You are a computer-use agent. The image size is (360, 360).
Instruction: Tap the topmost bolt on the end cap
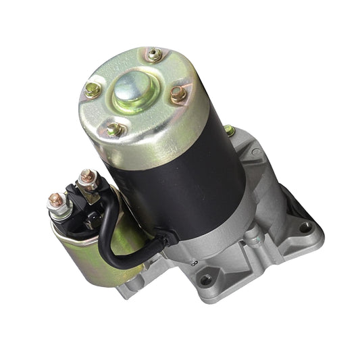point(155,55)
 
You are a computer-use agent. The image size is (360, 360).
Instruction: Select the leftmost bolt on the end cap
point(93,90)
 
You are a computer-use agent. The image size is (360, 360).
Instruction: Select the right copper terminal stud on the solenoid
point(86,178)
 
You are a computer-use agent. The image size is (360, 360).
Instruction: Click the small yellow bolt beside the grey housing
point(230,130)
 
